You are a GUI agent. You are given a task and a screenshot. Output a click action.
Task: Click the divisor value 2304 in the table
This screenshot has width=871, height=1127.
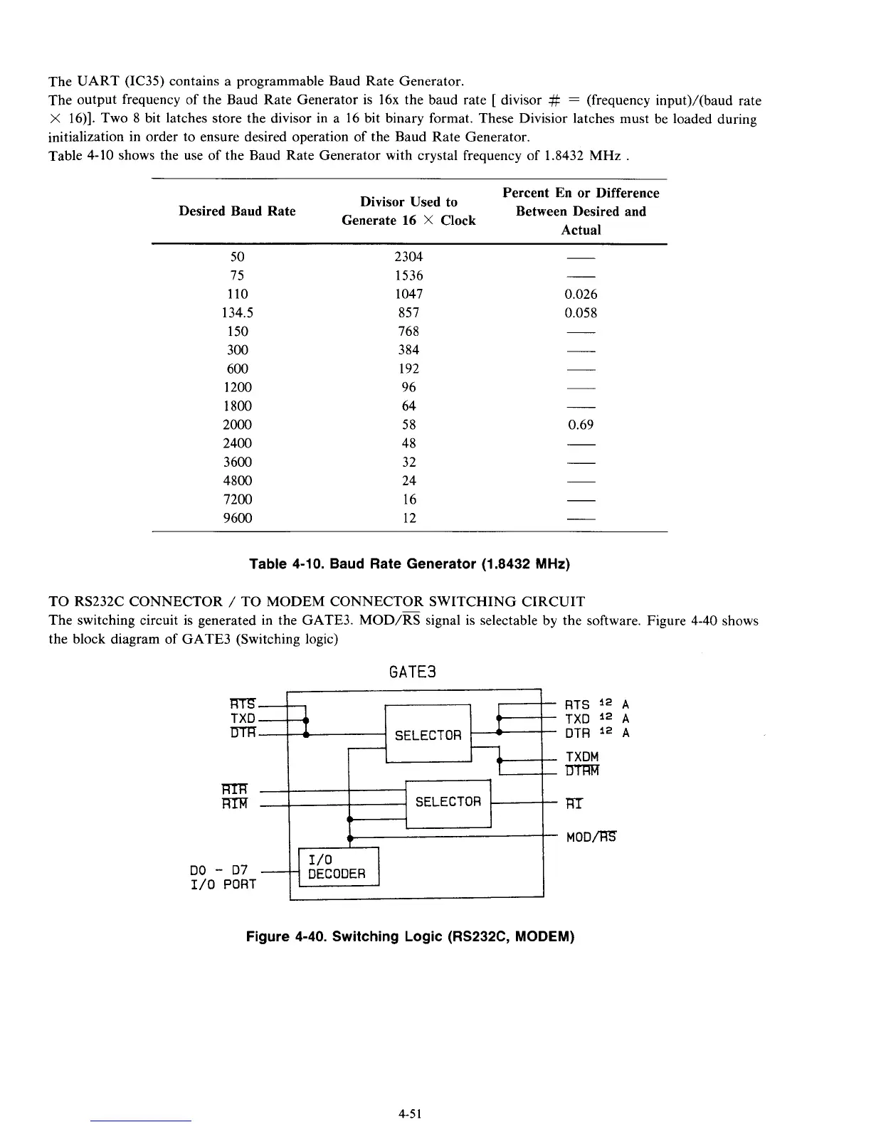[408, 257]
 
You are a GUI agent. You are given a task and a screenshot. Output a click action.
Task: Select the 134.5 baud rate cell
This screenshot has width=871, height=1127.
[238, 312]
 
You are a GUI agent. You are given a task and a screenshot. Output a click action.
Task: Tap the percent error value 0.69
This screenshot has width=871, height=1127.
[581, 425]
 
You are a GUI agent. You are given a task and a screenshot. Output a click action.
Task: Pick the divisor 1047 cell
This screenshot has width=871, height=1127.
[408, 294]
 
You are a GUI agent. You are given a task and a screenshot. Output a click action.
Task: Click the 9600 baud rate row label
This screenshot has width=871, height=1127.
[238, 518]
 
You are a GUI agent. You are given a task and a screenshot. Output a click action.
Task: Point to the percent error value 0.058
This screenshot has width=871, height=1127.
[581, 312]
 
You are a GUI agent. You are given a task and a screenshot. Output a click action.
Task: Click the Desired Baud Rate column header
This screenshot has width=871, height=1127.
[237, 211]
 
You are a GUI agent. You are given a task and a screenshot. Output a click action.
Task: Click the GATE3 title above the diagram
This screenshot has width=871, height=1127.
[413, 672]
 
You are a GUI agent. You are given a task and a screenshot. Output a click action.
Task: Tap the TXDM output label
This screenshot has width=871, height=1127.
[582, 756]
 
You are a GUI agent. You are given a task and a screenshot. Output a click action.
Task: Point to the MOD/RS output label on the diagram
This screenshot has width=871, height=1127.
[591, 837]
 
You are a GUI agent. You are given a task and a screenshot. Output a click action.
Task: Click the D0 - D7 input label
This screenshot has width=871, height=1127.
[219, 869]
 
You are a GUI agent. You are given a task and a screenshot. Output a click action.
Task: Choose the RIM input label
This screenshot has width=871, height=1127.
[234, 804]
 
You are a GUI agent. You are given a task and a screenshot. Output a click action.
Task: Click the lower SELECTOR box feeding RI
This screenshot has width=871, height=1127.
[448, 802]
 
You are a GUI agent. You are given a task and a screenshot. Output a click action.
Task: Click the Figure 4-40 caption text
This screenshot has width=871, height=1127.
[410, 936]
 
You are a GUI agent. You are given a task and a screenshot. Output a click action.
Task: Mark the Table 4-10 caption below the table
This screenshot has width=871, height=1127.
[410, 564]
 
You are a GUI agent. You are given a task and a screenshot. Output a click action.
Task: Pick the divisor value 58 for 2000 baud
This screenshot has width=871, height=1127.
[408, 425]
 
